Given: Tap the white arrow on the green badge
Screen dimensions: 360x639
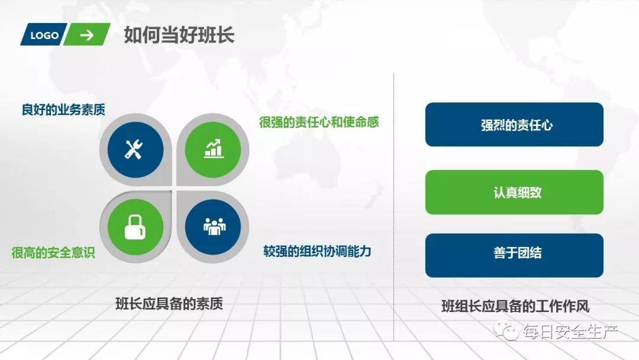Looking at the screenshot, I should click(x=87, y=35).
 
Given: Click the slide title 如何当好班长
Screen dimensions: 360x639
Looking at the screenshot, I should click(x=179, y=35).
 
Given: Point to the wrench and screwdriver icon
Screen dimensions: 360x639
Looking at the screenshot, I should click(x=134, y=149).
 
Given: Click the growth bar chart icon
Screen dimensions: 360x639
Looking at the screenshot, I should click(x=213, y=149).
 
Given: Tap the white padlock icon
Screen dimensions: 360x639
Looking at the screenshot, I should click(x=135, y=226).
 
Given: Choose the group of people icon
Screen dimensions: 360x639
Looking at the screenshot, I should click(x=213, y=226).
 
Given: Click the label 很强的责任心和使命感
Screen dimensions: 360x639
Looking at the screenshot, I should click(x=319, y=123).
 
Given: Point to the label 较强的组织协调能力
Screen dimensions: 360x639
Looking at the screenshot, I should click(x=317, y=251).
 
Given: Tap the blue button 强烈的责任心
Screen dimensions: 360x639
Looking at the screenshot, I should click(x=514, y=125).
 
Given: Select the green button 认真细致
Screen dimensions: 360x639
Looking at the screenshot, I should click(x=514, y=192).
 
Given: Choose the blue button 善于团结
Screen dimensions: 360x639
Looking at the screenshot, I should click(x=514, y=255).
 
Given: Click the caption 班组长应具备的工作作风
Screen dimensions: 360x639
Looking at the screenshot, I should click(x=515, y=307).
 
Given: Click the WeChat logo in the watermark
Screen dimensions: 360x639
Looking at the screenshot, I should click(x=507, y=332).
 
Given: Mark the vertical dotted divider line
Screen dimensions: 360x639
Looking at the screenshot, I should click(x=394, y=207).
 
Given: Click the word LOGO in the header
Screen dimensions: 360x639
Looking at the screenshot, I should click(x=44, y=36).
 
